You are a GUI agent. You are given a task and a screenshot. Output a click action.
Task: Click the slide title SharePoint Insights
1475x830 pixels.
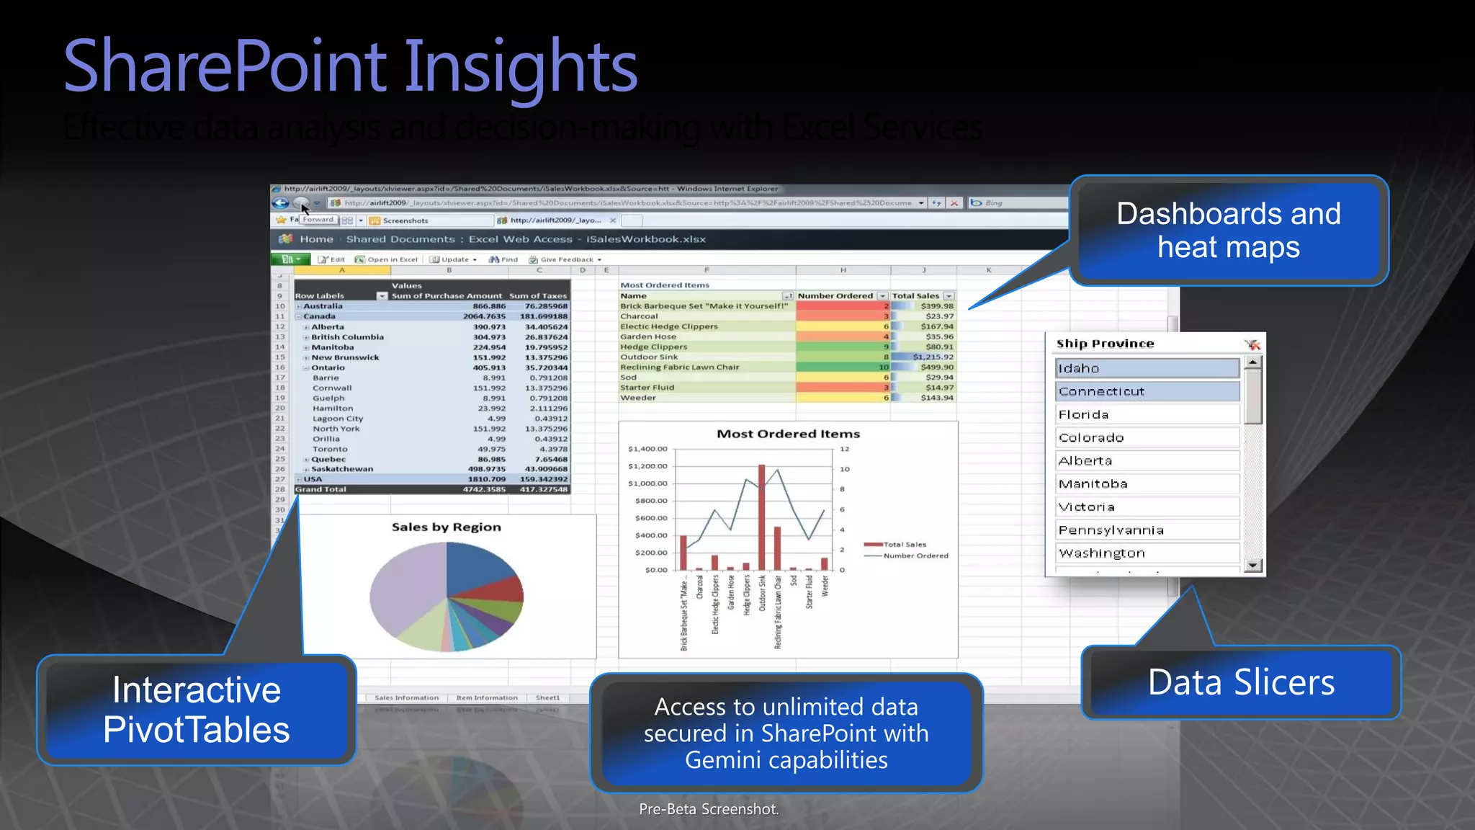351,66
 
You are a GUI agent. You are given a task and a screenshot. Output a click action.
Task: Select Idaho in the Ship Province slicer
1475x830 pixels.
1147,368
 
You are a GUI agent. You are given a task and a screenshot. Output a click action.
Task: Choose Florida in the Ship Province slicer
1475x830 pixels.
1147,414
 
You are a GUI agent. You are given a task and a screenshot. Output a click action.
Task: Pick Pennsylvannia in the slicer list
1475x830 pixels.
1147,530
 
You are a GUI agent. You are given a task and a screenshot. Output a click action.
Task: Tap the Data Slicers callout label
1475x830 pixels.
1241,682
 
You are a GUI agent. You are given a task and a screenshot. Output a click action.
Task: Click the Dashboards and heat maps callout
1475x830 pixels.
1229,231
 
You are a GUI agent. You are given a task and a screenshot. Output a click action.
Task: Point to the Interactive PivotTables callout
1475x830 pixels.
196,710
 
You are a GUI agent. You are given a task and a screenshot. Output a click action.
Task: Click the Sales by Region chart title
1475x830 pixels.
447,527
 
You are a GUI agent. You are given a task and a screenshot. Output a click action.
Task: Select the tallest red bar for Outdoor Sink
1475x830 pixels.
762,517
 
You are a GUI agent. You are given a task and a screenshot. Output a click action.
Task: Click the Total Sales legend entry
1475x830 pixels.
904,545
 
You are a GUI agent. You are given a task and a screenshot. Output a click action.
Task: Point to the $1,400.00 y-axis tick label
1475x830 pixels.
647,449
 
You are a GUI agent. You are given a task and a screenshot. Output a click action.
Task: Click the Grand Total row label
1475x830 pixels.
320,489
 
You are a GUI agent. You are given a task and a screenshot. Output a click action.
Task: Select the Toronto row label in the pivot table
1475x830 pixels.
330,449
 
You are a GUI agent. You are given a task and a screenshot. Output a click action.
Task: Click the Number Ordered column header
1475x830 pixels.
835,295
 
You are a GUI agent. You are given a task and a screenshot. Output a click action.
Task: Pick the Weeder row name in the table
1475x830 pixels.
638,398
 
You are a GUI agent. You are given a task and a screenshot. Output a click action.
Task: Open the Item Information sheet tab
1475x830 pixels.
487,697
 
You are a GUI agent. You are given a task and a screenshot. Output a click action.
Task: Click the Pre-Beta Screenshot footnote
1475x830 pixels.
709,809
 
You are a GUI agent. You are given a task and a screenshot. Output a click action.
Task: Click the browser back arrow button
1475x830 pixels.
280,203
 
